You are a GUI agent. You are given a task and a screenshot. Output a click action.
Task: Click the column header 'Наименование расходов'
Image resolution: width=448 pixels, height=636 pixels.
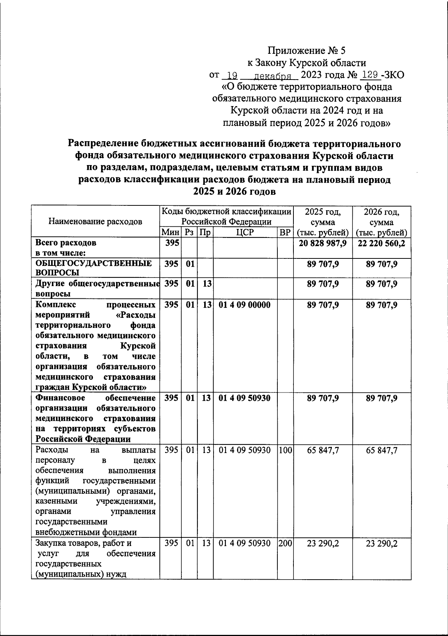[x=95, y=221]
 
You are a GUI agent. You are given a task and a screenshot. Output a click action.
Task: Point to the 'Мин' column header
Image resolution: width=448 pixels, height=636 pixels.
[x=171, y=232]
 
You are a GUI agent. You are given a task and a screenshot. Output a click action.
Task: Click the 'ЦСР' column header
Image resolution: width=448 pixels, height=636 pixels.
[x=245, y=232]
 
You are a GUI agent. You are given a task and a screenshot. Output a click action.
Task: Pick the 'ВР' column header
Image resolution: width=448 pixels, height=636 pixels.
[x=285, y=232]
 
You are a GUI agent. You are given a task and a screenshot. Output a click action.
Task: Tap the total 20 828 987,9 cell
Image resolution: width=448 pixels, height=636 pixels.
[x=323, y=243]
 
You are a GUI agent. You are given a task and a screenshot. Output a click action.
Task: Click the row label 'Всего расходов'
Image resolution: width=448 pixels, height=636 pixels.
[x=66, y=243]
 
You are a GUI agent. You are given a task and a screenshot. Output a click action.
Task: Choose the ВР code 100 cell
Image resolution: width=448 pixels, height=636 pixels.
[x=285, y=450]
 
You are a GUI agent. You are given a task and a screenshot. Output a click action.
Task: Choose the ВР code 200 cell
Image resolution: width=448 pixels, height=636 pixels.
[x=285, y=543]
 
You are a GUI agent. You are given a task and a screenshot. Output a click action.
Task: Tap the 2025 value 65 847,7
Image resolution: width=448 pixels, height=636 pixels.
[x=323, y=450]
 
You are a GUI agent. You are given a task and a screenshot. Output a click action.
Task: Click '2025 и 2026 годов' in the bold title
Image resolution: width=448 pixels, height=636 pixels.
[x=235, y=192]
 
